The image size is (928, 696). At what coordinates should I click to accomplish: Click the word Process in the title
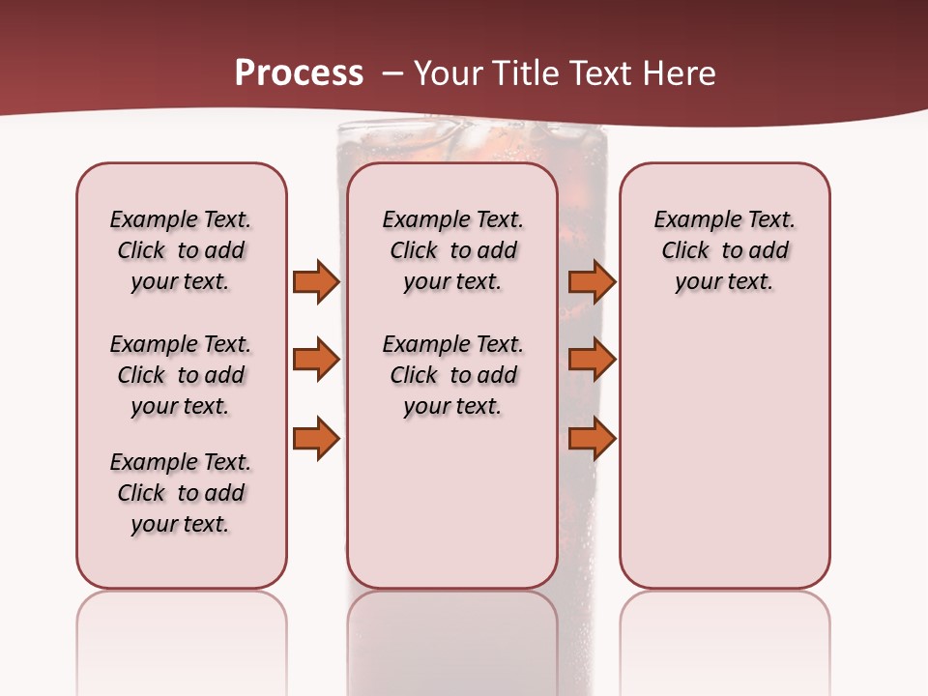point(299,73)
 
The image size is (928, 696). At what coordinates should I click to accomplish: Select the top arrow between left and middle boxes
point(315,281)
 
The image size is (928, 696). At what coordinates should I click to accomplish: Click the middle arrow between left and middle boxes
point(315,360)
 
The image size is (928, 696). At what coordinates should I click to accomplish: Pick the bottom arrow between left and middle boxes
point(315,439)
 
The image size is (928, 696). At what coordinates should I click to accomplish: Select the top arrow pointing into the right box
point(592,281)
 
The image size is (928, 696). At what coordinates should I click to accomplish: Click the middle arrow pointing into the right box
point(592,360)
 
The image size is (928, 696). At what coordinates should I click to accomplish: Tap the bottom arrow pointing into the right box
point(592,439)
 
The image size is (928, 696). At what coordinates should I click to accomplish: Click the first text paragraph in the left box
point(181,250)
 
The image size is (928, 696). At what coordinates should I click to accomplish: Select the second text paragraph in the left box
point(181,375)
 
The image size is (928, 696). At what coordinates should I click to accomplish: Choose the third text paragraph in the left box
point(181,493)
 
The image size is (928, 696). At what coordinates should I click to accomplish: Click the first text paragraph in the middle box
point(452,250)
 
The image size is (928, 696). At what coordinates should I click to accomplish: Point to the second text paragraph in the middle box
point(452,375)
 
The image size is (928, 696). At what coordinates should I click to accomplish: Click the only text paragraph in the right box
point(724,250)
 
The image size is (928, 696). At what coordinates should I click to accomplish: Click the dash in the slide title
point(391,74)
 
